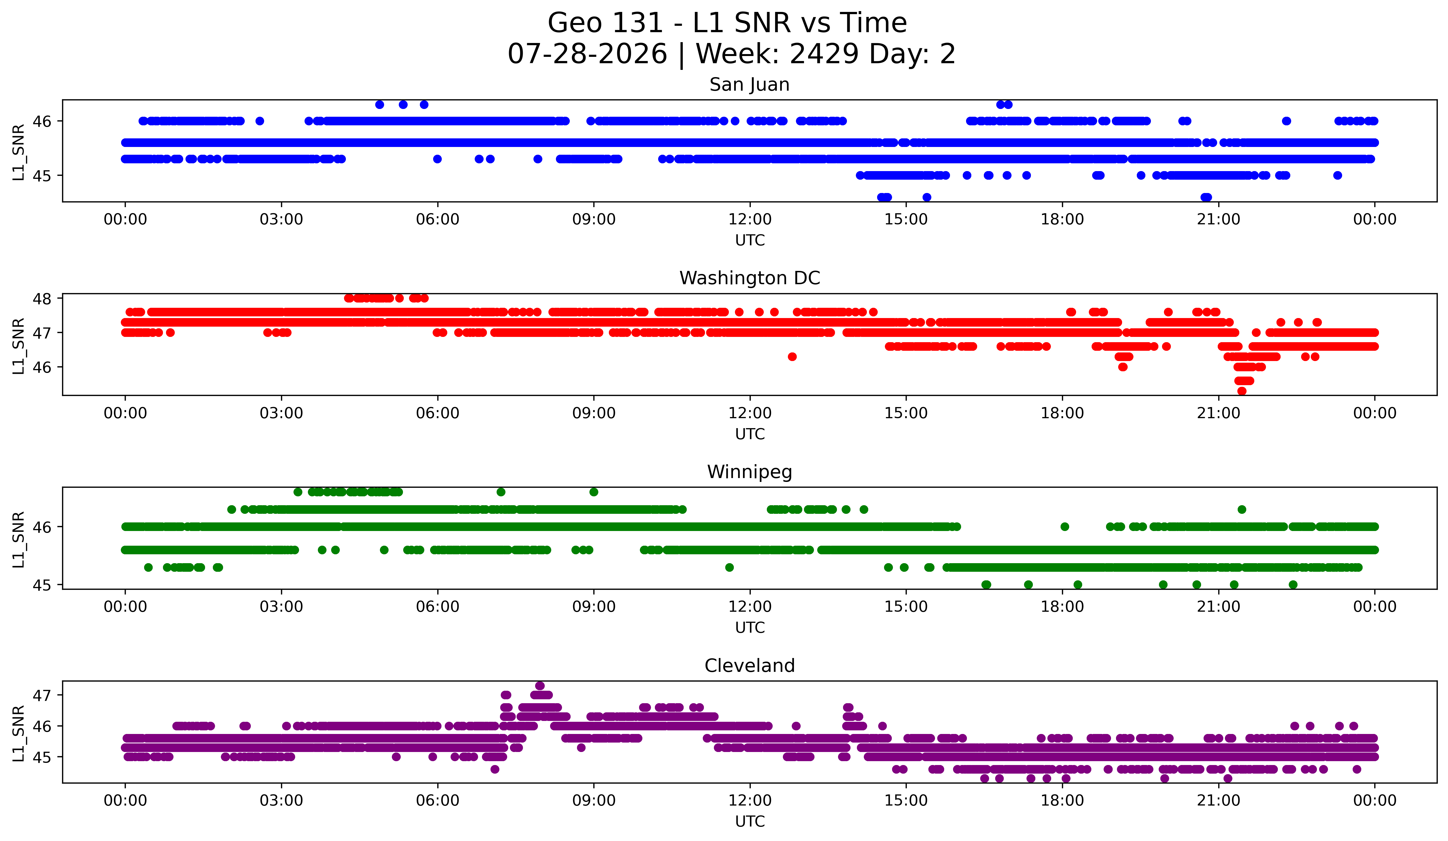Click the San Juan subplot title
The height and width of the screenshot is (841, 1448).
[x=749, y=85]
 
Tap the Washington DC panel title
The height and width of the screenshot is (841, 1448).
[x=749, y=278]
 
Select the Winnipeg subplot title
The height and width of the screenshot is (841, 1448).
[x=749, y=472]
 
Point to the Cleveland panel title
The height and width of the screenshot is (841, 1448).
[x=749, y=666]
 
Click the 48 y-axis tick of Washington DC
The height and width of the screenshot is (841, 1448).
[x=42, y=298]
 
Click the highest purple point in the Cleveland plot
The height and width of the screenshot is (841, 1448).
[x=540, y=686]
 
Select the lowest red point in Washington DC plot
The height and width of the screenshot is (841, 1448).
[x=1242, y=391]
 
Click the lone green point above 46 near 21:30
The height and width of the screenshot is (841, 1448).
[x=1242, y=509]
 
